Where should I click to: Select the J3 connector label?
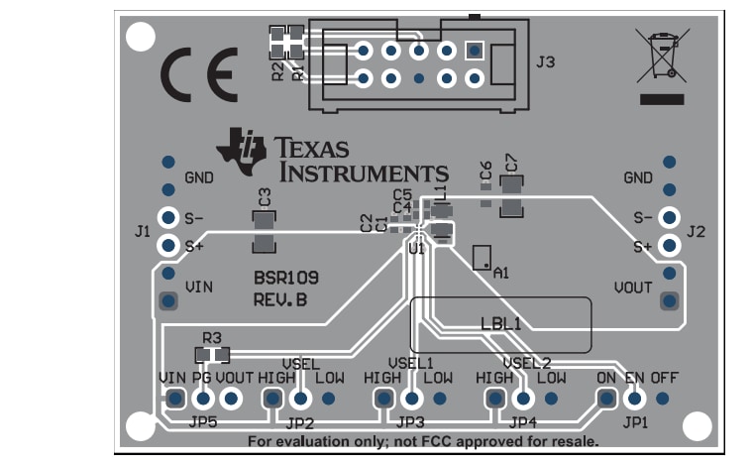coord(545,63)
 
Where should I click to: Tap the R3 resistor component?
coord(212,354)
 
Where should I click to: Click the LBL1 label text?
coord(500,323)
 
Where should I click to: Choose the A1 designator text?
coord(500,272)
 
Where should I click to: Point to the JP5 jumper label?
coord(203,420)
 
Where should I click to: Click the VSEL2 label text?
coord(526,363)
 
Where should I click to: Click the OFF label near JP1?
coord(665,378)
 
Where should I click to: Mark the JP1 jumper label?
coord(635,420)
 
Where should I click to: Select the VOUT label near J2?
coord(632,288)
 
